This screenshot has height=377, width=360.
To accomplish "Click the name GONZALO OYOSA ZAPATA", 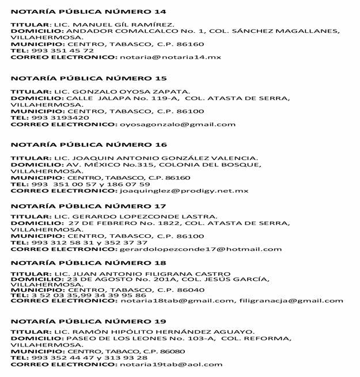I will (x=132, y=91).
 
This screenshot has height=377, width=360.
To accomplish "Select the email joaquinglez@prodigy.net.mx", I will (x=184, y=191).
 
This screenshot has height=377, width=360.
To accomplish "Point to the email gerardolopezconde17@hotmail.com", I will (x=200, y=249).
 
